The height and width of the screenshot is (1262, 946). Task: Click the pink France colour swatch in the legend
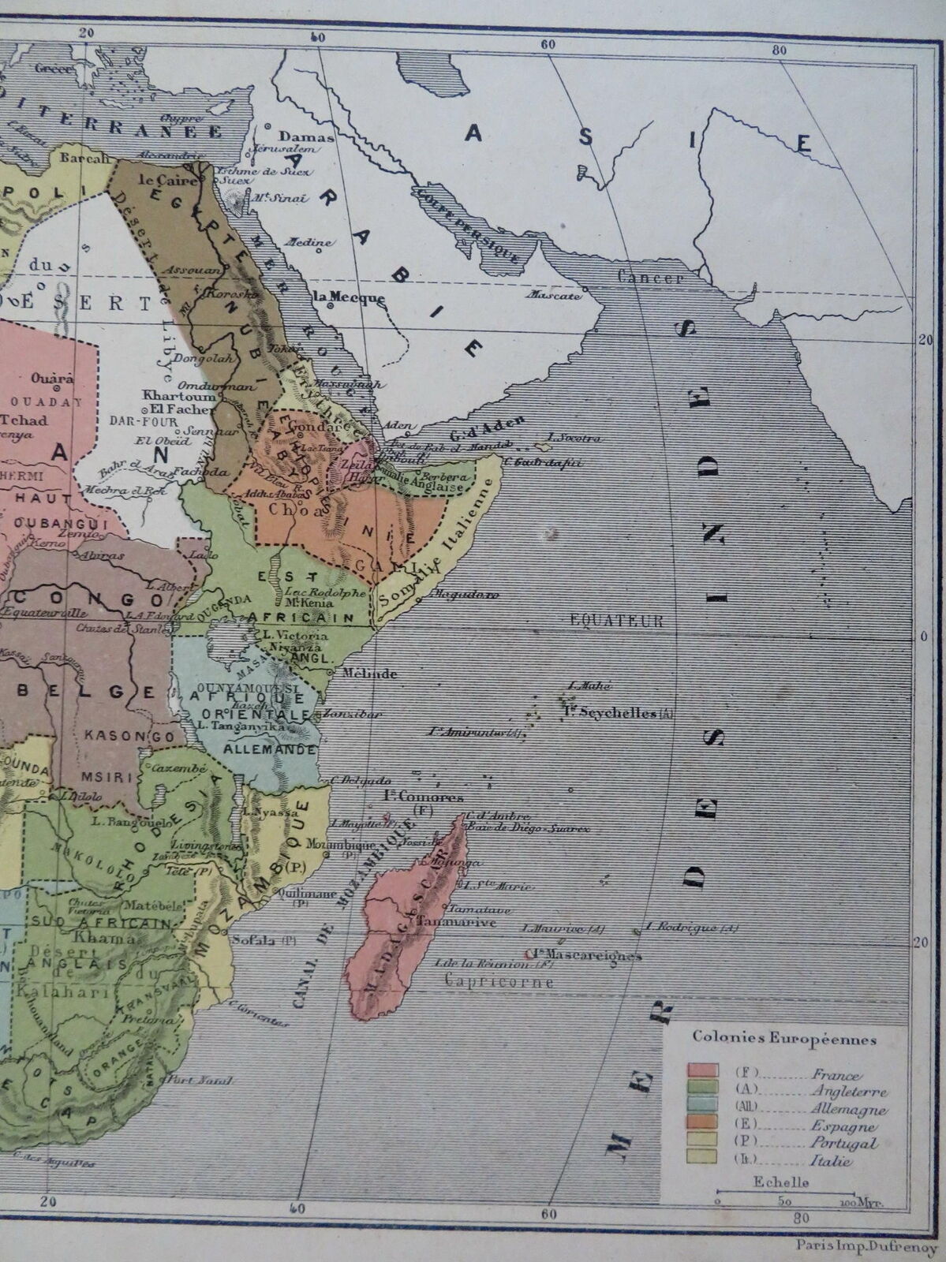pyautogui.click(x=702, y=1070)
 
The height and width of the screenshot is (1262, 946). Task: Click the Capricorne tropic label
pyautogui.click(x=499, y=982)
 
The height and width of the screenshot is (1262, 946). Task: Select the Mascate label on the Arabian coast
pyautogui.click(x=555, y=297)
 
